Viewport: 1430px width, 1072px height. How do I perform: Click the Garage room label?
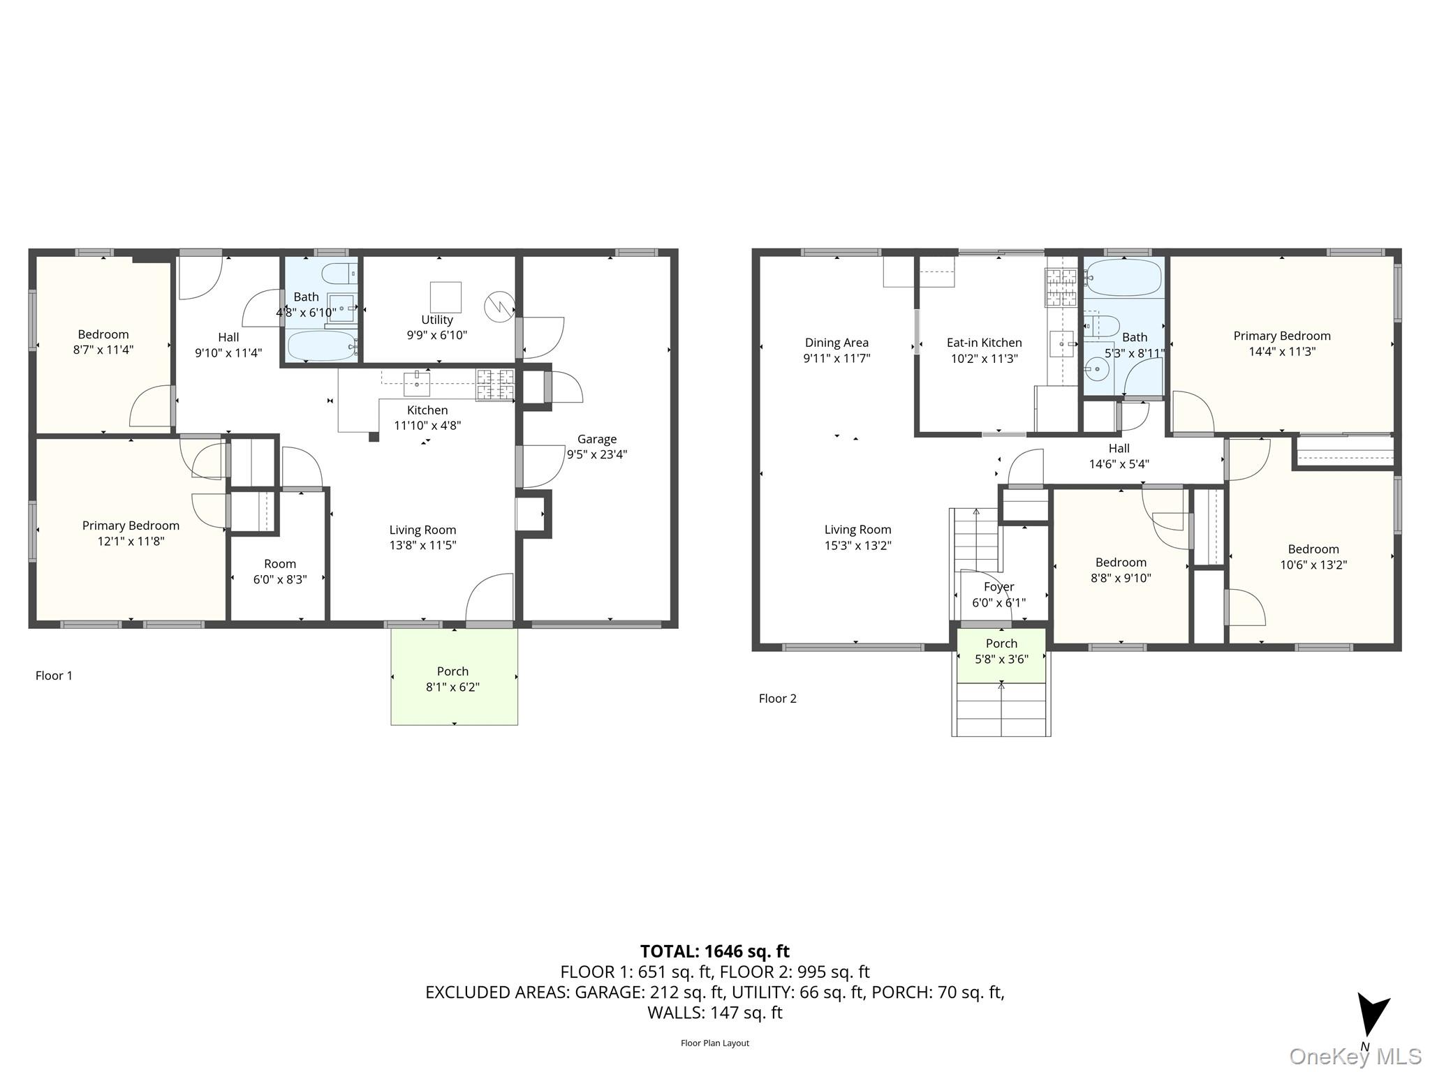pos(596,439)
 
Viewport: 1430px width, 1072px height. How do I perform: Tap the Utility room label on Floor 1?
pos(437,320)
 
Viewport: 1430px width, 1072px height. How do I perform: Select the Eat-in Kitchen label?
pos(984,343)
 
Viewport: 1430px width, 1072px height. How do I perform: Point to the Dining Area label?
pos(836,343)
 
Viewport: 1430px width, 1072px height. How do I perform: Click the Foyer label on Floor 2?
pos(998,587)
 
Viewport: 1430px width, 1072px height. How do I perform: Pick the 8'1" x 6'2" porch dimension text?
pos(452,687)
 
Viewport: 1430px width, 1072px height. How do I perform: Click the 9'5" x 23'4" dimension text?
pos(596,454)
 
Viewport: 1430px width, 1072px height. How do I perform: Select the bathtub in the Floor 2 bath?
pos(1123,278)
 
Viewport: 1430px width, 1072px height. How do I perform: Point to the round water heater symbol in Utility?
pos(499,306)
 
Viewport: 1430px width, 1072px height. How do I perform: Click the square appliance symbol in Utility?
pos(445,297)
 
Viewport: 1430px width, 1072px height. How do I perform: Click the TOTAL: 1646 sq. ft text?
pos(715,951)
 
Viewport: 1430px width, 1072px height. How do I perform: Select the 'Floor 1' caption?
pos(54,676)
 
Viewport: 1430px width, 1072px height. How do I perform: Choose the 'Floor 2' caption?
pos(777,699)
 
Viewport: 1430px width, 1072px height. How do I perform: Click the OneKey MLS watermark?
pos(1355,1057)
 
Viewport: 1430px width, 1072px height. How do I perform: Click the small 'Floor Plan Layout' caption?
pos(715,1043)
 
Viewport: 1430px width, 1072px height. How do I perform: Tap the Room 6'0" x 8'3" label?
pos(280,572)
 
